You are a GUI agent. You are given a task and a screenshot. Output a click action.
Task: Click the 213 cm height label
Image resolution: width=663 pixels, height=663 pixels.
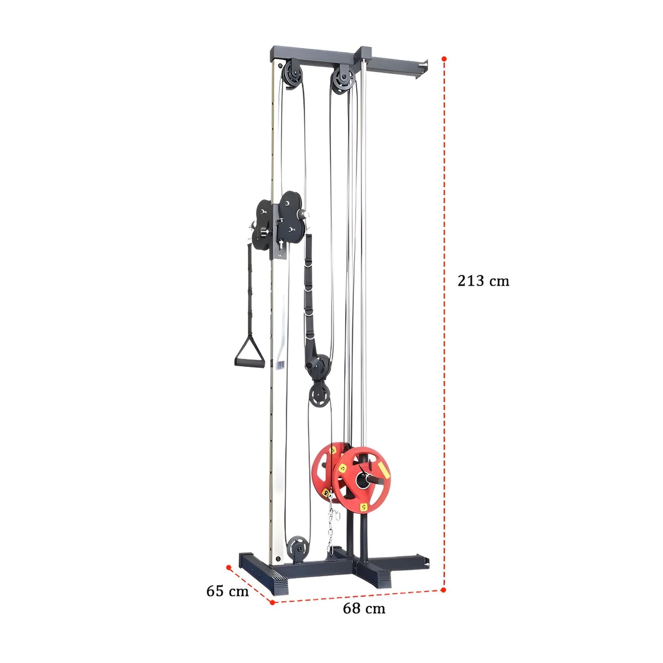click(x=483, y=280)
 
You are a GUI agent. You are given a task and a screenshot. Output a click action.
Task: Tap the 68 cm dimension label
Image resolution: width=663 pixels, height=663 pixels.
click(x=364, y=609)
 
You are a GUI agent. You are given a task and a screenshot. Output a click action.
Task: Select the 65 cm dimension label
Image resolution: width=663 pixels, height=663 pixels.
click(x=227, y=591)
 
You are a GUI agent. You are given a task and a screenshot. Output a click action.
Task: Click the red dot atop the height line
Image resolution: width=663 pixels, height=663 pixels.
click(x=444, y=59)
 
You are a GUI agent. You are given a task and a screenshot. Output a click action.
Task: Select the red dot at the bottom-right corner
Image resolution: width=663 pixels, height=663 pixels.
click(x=443, y=590)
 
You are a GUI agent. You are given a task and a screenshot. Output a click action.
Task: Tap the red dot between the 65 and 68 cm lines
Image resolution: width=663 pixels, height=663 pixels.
click(x=272, y=602)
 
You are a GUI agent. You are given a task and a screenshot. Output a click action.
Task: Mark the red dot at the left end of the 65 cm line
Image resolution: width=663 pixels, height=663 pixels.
click(x=228, y=567)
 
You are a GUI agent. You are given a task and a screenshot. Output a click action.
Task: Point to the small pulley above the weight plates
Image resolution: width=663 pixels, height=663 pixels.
click(x=319, y=395)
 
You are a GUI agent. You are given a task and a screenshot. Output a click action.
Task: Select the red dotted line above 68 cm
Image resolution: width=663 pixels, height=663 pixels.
click(x=358, y=596)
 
